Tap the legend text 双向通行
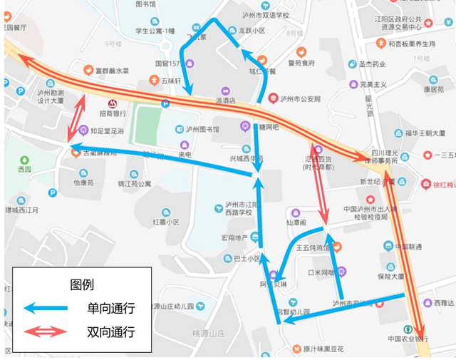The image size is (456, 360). click(110, 331)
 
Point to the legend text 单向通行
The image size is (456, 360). click(110, 308)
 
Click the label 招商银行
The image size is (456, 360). click(113, 113)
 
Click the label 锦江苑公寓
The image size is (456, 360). click(134, 183)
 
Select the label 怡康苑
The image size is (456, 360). click(83, 182)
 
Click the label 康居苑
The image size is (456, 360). click(435, 90)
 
